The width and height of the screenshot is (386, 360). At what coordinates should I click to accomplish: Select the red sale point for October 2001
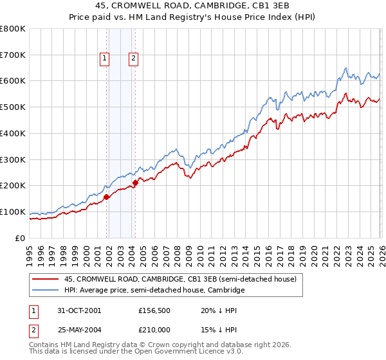coord(106,197)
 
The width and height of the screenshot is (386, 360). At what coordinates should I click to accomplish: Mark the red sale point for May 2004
coord(135,183)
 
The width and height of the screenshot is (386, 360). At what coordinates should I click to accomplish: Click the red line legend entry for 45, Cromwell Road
coord(180,280)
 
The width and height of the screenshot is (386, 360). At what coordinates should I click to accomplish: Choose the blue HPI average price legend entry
coord(154,291)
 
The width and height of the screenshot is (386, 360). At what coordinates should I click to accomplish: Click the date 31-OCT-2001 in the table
coord(80,310)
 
